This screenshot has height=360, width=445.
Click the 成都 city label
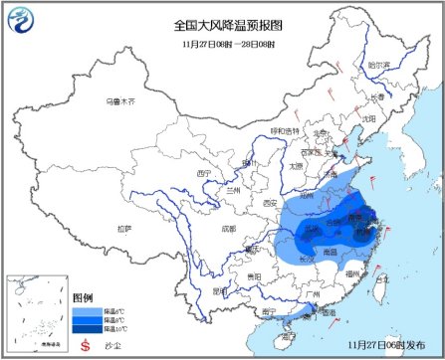(231, 228)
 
